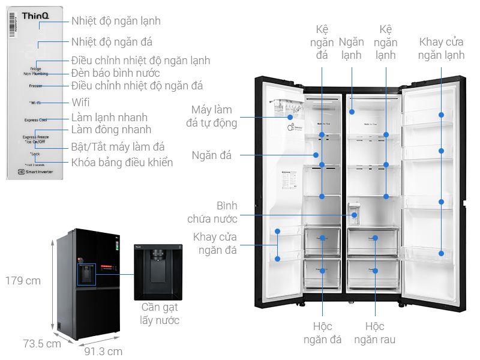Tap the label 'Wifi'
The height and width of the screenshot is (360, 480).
coord(80,102)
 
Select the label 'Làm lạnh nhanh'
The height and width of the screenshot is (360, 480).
coord(109,118)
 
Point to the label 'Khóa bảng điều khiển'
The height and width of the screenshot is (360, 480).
coord(122,162)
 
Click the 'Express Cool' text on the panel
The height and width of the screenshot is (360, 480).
coord(35,120)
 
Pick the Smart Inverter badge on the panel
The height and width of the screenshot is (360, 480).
coord(35,172)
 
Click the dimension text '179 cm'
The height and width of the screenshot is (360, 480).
coord(23,281)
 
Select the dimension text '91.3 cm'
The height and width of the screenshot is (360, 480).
coord(103,352)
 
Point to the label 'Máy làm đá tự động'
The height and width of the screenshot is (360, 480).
coord(212,116)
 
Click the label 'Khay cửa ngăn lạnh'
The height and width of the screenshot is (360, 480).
coord(442,49)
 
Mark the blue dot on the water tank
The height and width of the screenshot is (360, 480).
coord(355,214)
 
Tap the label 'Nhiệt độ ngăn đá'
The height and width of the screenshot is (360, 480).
coord(112,42)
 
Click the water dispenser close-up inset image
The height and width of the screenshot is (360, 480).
coord(158,272)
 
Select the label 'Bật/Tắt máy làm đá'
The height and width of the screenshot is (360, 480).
coord(118,146)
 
